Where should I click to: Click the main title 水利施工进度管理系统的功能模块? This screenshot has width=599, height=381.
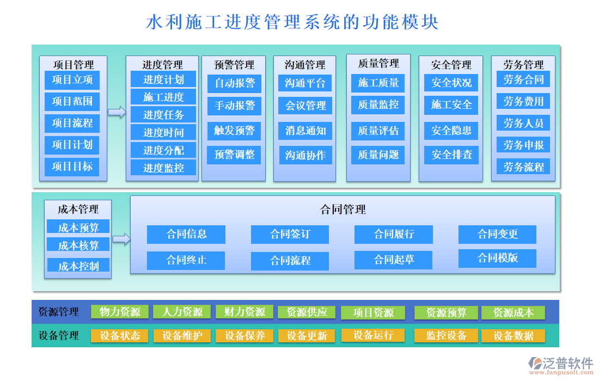[292, 22]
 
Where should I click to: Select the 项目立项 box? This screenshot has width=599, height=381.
[72, 80]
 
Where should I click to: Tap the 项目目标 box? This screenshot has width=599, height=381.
[72, 167]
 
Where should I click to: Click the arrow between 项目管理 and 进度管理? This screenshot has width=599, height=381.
[117, 112]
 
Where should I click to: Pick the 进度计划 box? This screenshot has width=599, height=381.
[163, 79]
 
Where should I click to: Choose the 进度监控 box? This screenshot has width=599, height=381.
[163, 168]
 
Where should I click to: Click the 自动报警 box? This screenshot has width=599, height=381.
[234, 83]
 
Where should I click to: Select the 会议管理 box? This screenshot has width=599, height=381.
[305, 106]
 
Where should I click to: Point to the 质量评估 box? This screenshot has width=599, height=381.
[378, 131]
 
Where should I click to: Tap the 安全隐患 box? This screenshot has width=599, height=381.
[451, 131]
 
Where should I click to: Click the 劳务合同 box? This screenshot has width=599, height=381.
[523, 79]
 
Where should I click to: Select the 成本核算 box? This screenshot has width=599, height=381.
[78, 245]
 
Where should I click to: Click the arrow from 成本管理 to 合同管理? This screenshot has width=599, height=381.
[121, 238]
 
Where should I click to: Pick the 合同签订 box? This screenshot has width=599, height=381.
[290, 235]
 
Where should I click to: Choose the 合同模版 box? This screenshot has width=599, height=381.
[497, 258]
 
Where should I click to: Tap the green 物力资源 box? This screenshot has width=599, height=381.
[120, 312]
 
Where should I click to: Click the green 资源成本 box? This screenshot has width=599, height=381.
[513, 312]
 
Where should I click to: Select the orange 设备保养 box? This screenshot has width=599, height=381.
[245, 336]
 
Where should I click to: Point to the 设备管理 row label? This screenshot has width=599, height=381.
[59, 336]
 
